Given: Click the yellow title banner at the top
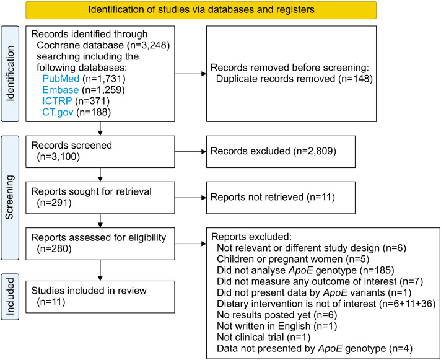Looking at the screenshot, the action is [x=201, y=10].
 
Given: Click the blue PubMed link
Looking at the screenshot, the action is [x=61, y=79].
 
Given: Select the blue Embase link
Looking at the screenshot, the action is [x=61, y=90].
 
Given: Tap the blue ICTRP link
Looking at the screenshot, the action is [x=57, y=101].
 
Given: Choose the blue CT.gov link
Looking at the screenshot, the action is [x=58, y=112].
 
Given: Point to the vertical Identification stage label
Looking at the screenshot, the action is [x=10, y=74].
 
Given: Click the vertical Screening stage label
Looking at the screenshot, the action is [x=10, y=198].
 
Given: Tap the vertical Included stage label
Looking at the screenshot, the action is [x=10, y=297].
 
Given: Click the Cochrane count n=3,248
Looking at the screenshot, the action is [x=148, y=45].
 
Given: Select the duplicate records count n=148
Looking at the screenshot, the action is [x=356, y=79].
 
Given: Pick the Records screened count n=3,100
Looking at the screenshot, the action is [x=58, y=156].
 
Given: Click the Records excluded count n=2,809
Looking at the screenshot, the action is [x=315, y=151].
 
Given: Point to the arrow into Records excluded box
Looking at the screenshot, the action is [x=190, y=152].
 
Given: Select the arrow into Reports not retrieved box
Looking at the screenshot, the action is [x=190, y=198].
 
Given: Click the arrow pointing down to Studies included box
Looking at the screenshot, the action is [x=100, y=270].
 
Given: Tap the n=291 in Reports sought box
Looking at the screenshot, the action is [x=55, y=203].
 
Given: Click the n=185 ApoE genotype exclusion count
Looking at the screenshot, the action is [x=377, y=270].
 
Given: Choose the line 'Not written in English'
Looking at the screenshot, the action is [x=263, y=327].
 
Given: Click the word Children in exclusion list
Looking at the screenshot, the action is [x=234, y=259].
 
